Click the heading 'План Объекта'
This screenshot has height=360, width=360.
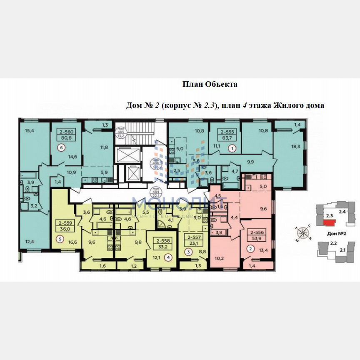click(x=210, y=85)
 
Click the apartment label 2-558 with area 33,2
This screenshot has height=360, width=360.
click(x=163, y=243)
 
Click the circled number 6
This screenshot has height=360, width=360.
click(x=62, y=147)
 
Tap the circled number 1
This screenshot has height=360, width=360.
click(x=232, y=147)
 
